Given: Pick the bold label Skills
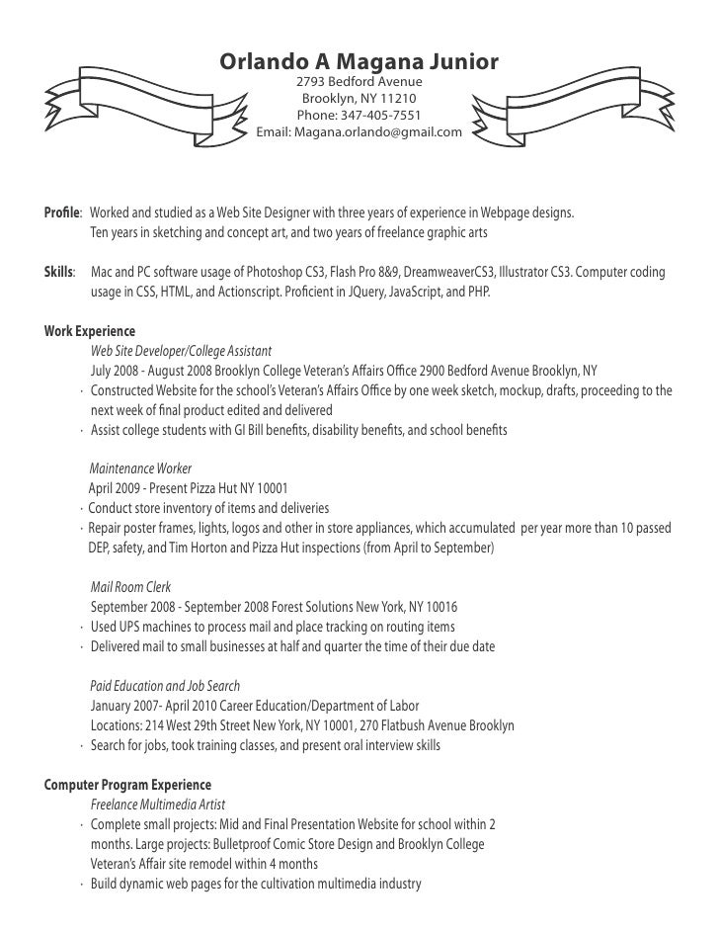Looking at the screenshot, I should tap(60, 271).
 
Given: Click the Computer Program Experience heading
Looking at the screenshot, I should tap(128, 785).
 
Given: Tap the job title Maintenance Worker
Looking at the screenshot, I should tap(140, 467).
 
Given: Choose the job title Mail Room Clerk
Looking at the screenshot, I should tap(132, 585).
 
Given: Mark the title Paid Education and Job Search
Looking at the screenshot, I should tap(165, 685).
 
